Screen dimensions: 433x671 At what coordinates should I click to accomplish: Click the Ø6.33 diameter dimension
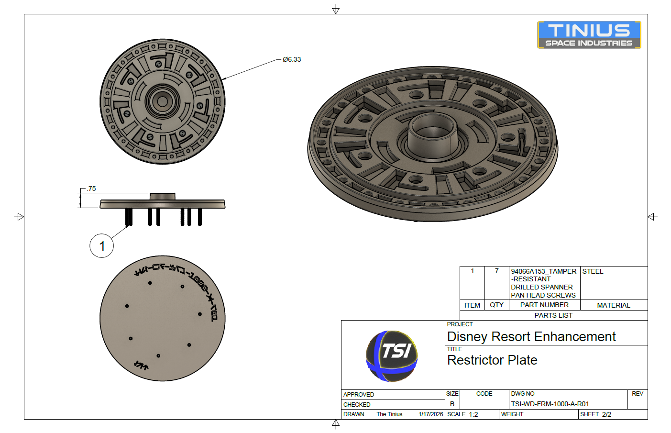coord(292,59)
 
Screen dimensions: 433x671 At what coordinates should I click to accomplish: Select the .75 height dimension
coord(91,189)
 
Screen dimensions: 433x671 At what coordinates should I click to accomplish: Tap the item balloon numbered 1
coord(102,246)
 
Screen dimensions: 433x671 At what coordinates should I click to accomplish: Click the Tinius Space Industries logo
coord(589,35)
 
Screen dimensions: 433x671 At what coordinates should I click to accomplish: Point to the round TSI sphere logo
coord(392,356)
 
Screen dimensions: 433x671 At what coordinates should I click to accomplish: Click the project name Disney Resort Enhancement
coord(531,337)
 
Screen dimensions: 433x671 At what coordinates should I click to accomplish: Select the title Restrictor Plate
coord(492,360)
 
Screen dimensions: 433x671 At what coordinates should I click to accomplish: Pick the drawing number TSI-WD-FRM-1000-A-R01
coord(550,404)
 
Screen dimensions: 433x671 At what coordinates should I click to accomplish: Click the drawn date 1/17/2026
coord(430,414)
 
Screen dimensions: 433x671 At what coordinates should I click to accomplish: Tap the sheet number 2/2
coord(606,414)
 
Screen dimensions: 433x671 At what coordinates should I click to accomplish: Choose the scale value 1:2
coord(473,414)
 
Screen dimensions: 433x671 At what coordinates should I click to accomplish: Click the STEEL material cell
coord(593,271)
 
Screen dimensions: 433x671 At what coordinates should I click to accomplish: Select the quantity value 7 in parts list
coord(496,271)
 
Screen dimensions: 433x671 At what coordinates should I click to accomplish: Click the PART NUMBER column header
coord(544,305)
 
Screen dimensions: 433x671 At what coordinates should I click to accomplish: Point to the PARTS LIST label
coord(553,315)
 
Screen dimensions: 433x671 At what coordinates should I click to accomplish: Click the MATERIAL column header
coord(614,305)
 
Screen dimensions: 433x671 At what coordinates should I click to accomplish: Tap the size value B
coord(452,404)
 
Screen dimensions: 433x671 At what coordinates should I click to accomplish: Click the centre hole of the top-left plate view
coord(163,101)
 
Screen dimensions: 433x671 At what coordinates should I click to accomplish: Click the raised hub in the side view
coord(163,196)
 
